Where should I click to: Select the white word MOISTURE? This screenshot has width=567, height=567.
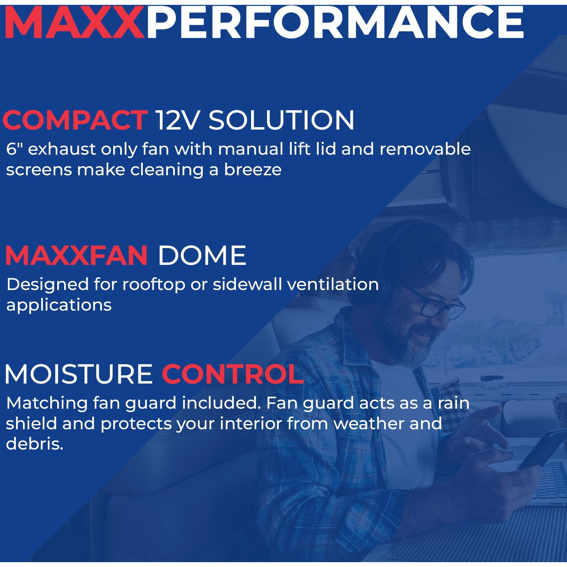click(79, 374)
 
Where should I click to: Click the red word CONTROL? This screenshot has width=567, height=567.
click(232, 374)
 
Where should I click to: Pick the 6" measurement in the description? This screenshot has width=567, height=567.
click(14, 149)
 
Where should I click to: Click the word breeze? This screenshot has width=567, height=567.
click(252, 170)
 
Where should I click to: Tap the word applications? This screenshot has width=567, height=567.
click(59, 305)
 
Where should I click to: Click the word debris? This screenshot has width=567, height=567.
click(34, 444)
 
